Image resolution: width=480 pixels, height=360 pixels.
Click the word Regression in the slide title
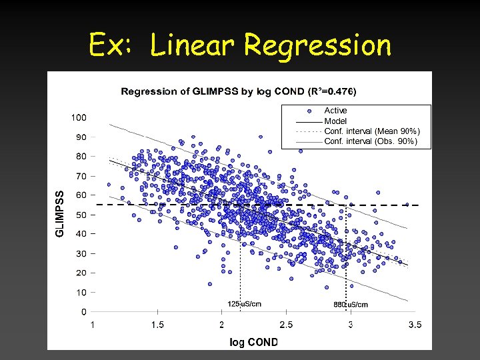coord(317,45)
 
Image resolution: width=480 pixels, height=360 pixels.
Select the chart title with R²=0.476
coord(238,91)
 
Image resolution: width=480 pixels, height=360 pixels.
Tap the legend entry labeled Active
coord(335,111)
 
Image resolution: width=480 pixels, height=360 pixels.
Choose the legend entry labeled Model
coord(335,121)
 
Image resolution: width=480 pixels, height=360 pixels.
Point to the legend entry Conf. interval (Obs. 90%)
coord(371,141)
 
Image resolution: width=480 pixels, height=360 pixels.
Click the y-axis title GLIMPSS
coord(60,211)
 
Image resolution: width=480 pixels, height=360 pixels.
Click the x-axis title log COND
coord(253,342)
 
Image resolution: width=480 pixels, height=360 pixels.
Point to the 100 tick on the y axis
coord(78,118)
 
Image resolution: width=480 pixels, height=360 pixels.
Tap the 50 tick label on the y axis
coord(81,215)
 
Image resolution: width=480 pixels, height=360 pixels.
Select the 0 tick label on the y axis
coord(83,311)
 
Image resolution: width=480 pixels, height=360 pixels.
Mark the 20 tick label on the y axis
coord(81,273)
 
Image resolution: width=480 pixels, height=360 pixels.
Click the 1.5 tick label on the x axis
coord(157,325)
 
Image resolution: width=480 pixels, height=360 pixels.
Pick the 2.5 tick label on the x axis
coord(286,325)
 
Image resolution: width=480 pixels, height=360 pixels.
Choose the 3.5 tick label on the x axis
coord(415,325)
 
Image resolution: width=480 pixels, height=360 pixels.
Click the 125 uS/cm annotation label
coord(244,304)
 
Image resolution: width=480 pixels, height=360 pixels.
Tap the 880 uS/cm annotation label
coord(350,304)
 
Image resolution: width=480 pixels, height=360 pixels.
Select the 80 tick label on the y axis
coord(81,157)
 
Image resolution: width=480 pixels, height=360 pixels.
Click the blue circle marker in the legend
coord(309,111)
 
